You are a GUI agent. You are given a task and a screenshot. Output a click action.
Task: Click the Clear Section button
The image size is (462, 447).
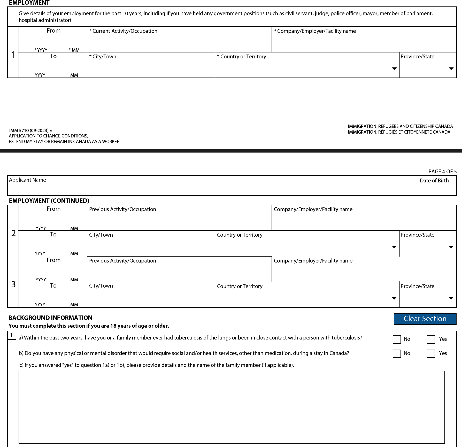(425, 319)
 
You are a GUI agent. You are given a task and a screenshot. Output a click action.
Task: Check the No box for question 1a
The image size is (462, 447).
(397, 339)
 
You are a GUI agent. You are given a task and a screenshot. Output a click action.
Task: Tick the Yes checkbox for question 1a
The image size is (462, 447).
(431, 339)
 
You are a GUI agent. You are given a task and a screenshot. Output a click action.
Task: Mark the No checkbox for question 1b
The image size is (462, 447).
(397, 353)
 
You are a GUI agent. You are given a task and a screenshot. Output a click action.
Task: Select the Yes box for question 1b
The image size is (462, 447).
(431, 353)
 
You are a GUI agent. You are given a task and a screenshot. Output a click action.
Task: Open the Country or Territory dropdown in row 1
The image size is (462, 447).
(394, 69)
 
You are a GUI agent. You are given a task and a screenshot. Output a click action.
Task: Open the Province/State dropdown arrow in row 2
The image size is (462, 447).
(451, 247)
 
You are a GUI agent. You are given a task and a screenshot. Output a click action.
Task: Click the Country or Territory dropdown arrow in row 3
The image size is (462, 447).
(394, 298)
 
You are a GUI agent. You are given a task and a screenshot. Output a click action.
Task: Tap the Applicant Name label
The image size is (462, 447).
(28, 180)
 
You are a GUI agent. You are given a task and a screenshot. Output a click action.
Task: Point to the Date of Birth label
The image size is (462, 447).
(434, 181)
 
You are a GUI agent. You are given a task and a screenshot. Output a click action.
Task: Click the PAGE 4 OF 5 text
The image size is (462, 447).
(442, 172)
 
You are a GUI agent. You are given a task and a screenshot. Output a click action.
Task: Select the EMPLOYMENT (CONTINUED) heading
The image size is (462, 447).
(49, 201)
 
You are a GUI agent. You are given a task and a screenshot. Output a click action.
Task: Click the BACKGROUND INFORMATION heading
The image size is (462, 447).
(50, 318)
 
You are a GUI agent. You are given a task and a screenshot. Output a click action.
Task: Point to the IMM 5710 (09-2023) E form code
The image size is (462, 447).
(30, 130)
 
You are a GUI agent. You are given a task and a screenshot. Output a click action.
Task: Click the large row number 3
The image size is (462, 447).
(13, 284)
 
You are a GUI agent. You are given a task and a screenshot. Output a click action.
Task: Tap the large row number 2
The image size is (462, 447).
(13, 233)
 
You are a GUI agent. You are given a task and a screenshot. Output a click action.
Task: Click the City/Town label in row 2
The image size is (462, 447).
(101, 235)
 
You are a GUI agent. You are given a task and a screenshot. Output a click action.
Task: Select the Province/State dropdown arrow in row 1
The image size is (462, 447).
(451, 69)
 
